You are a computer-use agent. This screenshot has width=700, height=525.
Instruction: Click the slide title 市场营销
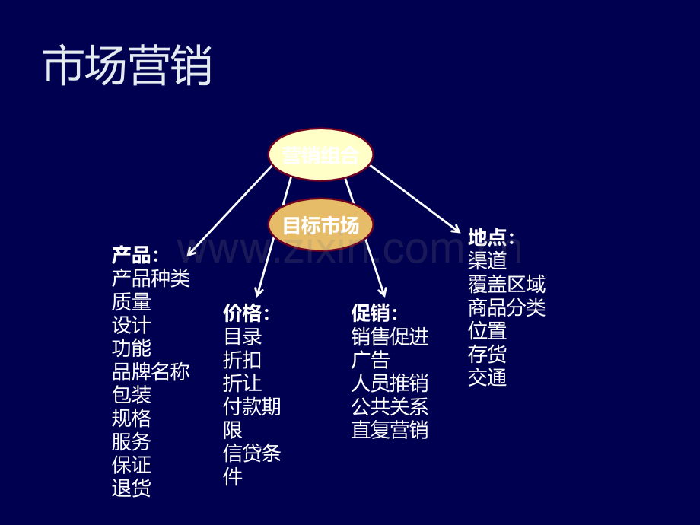pos(127,65)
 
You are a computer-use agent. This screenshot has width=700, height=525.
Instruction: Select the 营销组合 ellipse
pos(320,154)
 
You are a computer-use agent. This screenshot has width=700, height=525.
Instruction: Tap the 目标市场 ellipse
pos(320,224)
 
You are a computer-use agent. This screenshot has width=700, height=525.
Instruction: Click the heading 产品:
pos(135,255)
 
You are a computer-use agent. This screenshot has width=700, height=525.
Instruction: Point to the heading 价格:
pos(247,313)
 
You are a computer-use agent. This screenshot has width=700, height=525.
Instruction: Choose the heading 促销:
pos(374,313)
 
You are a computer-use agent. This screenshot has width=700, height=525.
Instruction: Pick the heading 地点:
pos(491,237)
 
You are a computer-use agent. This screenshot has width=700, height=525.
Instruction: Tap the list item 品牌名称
pos(151,371)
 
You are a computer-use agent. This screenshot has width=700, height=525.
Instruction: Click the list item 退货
pos(131,488)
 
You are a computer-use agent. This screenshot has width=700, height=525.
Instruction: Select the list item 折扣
pos(243,360)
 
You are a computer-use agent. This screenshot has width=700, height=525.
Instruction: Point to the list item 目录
pos(243,336)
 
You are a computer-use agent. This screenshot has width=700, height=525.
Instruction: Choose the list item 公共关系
pos(390,407)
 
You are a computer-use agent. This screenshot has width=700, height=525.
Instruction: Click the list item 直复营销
pos(390,430)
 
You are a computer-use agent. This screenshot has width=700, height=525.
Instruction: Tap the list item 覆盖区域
pos(507,284)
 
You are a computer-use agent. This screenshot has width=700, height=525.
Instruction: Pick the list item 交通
pos(487,377)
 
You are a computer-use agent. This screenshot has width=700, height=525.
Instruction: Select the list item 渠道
pos(487,260)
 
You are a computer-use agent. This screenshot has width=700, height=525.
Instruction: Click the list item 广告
pos(371,360)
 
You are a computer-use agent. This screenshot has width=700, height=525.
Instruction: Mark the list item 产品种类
pos(151,278)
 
